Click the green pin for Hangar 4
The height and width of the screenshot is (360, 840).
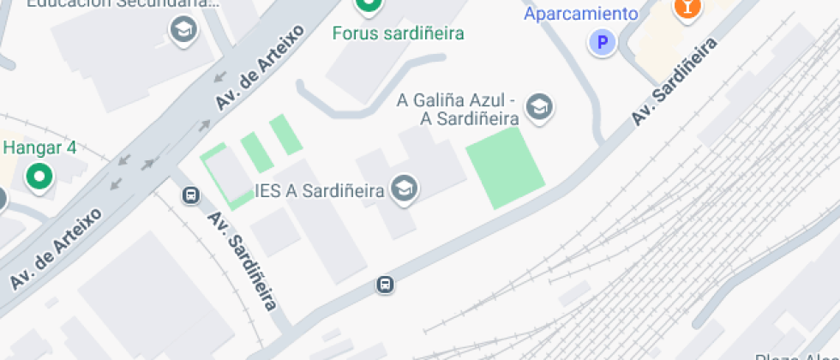pyautogui.click(x=39, y=177)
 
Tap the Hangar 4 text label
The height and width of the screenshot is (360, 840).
pyautogui.click(x=39, y=147)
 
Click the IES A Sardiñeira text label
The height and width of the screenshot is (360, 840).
pyautogui.click(x=319, y=191)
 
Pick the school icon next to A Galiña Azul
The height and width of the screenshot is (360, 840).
pyautogui.click(x=540, y=107)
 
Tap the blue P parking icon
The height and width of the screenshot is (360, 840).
pyautogui.click(x=603, y=41)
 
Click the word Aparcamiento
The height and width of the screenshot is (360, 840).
pyautogui.click(x=580, y=14)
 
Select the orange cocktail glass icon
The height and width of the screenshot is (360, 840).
pyautogui.click(x=687, y=7)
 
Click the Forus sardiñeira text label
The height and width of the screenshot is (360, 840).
pyautogui.click(x=399, y=33)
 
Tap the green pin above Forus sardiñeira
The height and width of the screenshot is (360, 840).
pyautogui.click(x=369, y=5)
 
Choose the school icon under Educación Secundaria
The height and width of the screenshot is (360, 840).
pyautogui.click(x=183, y=30)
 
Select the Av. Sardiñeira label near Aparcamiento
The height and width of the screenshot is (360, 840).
pyautogui.click(x=675, y=82)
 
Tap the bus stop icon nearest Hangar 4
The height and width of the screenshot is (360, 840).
pyautogui.click(x=190, y=195)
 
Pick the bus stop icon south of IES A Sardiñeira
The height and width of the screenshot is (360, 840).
pyautogui.click(x=386, y=284)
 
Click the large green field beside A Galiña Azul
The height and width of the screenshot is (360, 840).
pyautogui.click(x=505, y=168)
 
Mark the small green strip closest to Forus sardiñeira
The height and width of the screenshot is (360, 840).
pyautogui.click(x=285, y=135)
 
